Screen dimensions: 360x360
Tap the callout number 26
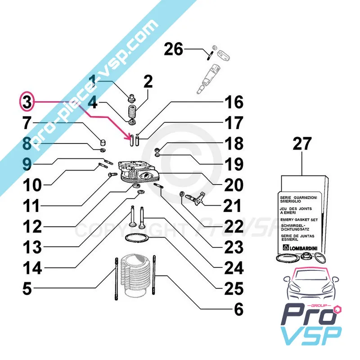[x=173, y=48]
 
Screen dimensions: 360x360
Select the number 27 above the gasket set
[x=302, y=145]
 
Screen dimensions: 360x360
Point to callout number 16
[x=233, y=103]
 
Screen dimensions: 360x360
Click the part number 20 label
[x=233, y=185]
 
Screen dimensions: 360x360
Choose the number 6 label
[x=238, y=310]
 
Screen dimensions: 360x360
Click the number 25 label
[x=233, y=289]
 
